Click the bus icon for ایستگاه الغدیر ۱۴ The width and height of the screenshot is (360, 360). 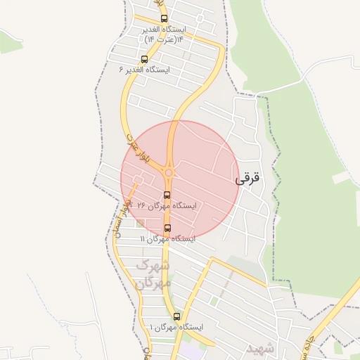tap(164, 19)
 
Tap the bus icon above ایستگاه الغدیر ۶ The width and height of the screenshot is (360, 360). tap(144, 59)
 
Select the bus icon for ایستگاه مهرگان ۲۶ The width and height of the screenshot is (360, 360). tap(167, 195)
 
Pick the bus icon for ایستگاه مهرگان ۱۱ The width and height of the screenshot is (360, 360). tap(167, 228)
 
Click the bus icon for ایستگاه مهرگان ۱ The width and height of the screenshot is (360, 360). tap(176, 316)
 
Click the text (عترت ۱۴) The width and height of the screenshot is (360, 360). tap(158, 39)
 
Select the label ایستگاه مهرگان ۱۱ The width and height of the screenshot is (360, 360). tap(167, 239)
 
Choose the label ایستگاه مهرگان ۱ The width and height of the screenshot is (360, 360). tap(176, 328)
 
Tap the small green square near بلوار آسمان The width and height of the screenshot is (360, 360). tap(141, 224)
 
